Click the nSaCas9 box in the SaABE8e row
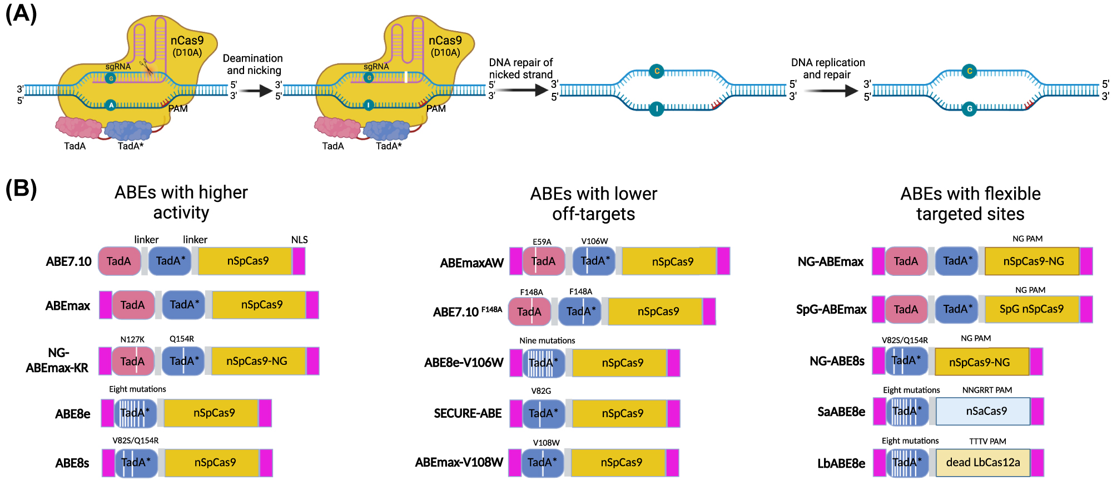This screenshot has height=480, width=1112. pyautogui.click(x=982, y=411)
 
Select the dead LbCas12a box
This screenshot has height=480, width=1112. pyautogui.click(x=982, y=462)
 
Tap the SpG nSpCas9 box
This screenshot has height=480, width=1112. pyautogui.click(x=1031, y=309)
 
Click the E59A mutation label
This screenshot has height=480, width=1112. pyautogui.click(x=542, y=241)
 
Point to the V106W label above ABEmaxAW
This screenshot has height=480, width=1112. pyautogui.click(x=594, y=241)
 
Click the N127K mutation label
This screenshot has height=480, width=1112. pyautogui.click(x=132, y=339)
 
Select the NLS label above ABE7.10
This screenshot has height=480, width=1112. pyautogui.click(x=299, y=240)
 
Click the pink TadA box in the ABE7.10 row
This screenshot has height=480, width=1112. pyautogui.click(x=119, y=261)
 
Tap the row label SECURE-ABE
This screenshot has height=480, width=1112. pyautogui.click(x=468, y=413)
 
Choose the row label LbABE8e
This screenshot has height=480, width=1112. pyautogui.click(x=841, y=463)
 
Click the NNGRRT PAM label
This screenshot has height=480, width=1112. pyautogui.click(x=987, y=390)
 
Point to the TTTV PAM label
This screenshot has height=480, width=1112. pyautogui.click(x=987, y=441)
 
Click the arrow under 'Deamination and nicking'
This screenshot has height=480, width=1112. pyautogui.click(x=257, y=91)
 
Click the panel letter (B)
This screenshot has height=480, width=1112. pyautogui.click(x=21, y=189)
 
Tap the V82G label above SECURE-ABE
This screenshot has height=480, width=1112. pyautogui.click(x=541, y=391)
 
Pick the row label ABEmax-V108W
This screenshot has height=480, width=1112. pyautogui.click(x=459, y=462)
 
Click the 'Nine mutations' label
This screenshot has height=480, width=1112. pyautogui.click(x=547, y=340)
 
